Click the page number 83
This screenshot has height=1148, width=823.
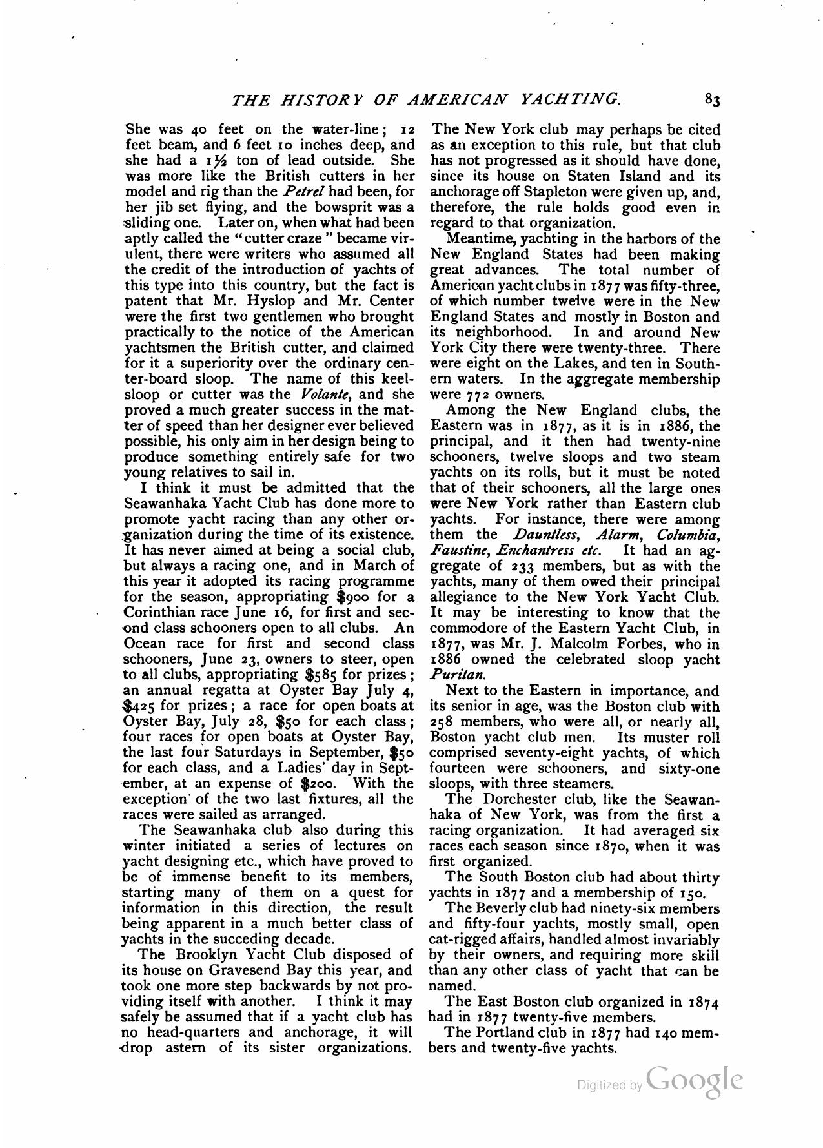[712, 99]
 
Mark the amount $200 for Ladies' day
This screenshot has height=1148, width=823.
[318, 784]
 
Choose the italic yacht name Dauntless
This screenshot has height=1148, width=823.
[542, 535]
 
